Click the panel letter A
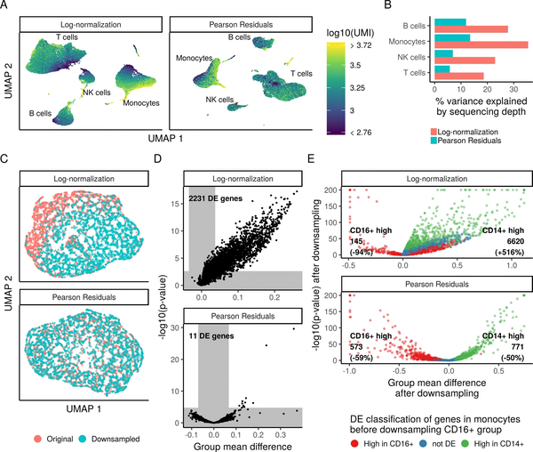click(5, 6)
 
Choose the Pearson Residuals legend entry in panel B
click(470, 141)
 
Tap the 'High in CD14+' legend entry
click(485, 441)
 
